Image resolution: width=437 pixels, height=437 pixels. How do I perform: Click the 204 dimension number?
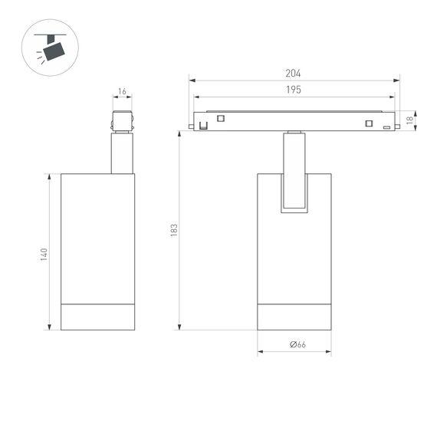[x=293, y=74]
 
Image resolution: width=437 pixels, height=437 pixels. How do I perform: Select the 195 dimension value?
[x=293, y=90]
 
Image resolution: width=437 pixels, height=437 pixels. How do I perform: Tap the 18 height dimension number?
[x=410, y=120]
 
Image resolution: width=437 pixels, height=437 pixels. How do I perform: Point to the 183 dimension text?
[x=174, y=229]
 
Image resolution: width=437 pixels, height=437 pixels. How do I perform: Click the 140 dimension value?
[x=44, y=253]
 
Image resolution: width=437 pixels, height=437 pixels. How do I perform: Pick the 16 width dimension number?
[x=122, y=92]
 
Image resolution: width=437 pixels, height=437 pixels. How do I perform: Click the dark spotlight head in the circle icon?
[x=53, y=51]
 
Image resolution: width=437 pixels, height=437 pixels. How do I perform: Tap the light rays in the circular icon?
[x=38, y=56]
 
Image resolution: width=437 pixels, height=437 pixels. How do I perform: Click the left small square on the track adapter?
[x=221, y=118]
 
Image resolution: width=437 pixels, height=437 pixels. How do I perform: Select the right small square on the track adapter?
[x=368, y=124]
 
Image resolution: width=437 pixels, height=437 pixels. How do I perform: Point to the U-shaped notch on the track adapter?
[x=204, y=124]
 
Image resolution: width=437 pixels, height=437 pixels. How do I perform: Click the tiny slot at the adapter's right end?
[x=387, y=127]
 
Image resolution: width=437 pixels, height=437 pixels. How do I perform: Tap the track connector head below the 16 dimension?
[x=122, y=122]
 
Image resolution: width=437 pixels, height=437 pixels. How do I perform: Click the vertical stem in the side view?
[x=120, y=153]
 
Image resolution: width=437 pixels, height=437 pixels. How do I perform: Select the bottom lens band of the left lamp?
[x=97, y=317]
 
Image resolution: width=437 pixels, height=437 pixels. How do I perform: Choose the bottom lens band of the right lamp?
[x=294, y=317]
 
